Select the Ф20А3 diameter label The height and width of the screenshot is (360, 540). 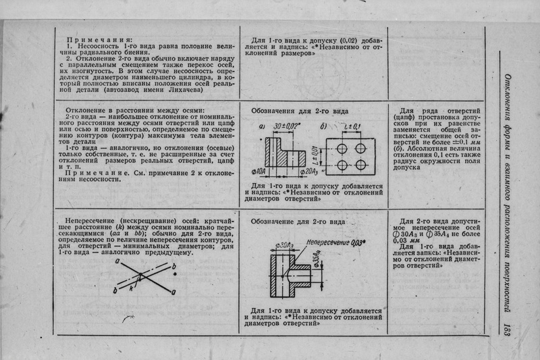[x=308, y=173]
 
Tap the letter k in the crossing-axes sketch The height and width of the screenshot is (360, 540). [x=134, y=286]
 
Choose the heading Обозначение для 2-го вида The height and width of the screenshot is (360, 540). [x=298, y=221]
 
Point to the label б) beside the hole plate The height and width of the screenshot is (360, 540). [x=324, y=127]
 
